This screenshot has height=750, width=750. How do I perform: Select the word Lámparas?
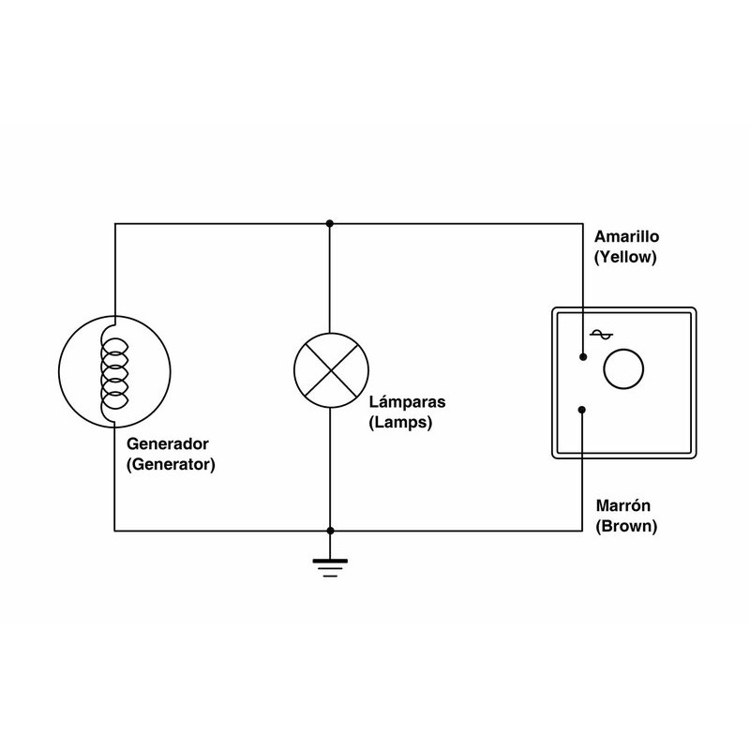pos(407,404)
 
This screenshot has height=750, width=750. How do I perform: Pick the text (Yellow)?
pos(623,255)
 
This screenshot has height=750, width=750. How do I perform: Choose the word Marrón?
pos(623,507)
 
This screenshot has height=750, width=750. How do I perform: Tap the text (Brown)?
pos(626,527)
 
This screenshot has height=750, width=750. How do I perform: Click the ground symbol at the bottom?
pos(329,565)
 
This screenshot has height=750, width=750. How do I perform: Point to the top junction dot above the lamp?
pos(329,223)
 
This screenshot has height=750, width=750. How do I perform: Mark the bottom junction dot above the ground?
pos(329,531)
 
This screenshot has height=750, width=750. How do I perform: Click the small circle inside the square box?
pos(623,368)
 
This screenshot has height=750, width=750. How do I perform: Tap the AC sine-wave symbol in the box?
pos(600,336)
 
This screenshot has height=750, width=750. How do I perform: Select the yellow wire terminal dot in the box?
pos(583,357)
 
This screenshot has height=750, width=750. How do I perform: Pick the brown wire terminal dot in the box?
pos(583,409)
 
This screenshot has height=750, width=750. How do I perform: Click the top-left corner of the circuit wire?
pos(113,223)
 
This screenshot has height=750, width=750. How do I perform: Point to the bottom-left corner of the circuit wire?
pos(113,531)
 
